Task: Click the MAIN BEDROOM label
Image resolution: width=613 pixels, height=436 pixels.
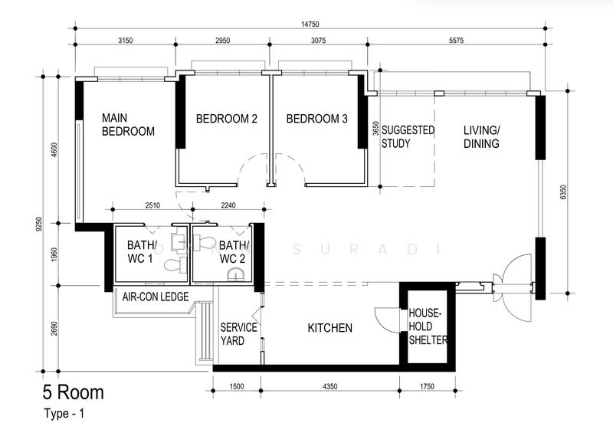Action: [x=128, y=125]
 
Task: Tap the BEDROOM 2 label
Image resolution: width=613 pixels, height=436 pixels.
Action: [x=226, y=119]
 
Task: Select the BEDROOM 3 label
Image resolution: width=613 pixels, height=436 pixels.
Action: [x=316, y=119]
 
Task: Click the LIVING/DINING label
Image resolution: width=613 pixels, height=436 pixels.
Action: [x=481, y=136]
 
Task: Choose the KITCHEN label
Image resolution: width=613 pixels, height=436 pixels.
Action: [x=329, y=328]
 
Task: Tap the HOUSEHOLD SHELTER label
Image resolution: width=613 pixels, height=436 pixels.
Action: [x=428, y=327]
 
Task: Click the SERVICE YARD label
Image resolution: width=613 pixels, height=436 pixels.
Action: [x=238, y=333]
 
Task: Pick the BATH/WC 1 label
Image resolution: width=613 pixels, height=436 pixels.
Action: [x=141, y=251]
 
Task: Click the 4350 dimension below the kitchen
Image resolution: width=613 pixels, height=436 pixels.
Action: [x=331, y=386]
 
